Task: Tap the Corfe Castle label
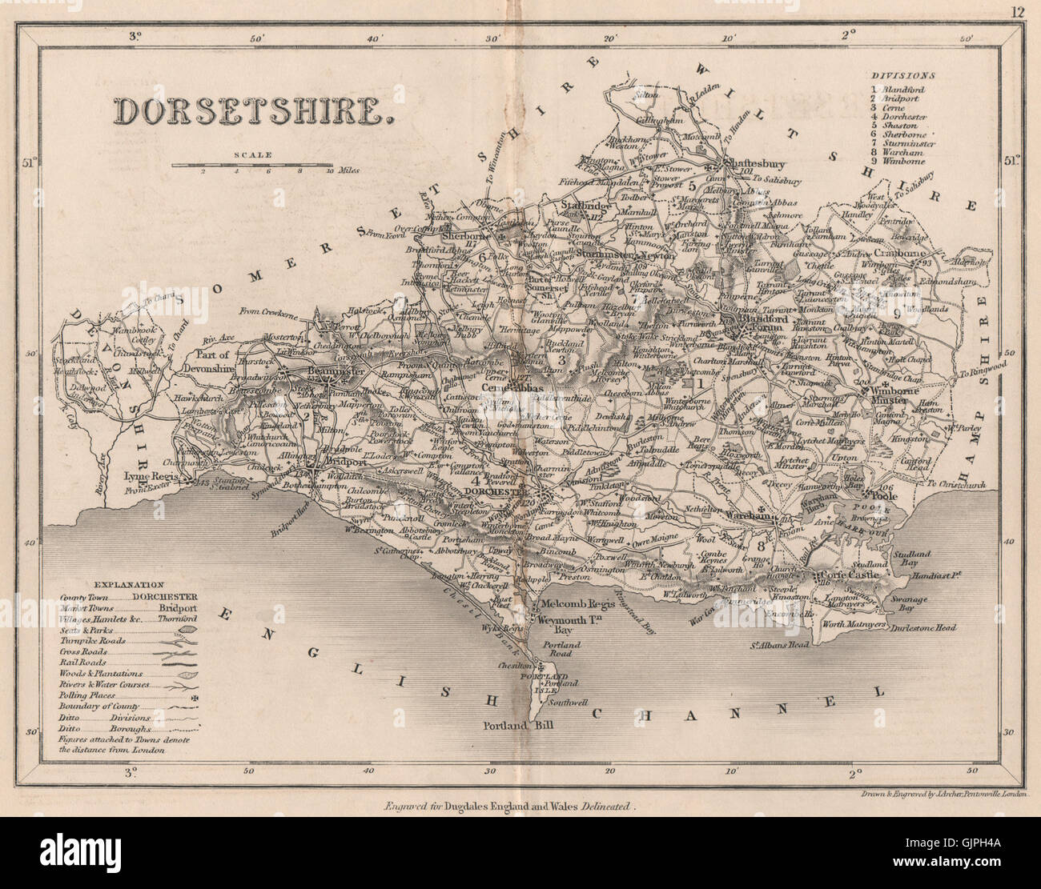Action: (x=848, y=575)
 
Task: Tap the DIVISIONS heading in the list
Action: (x=902, y=75)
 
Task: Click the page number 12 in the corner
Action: (x=1017, y=11)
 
